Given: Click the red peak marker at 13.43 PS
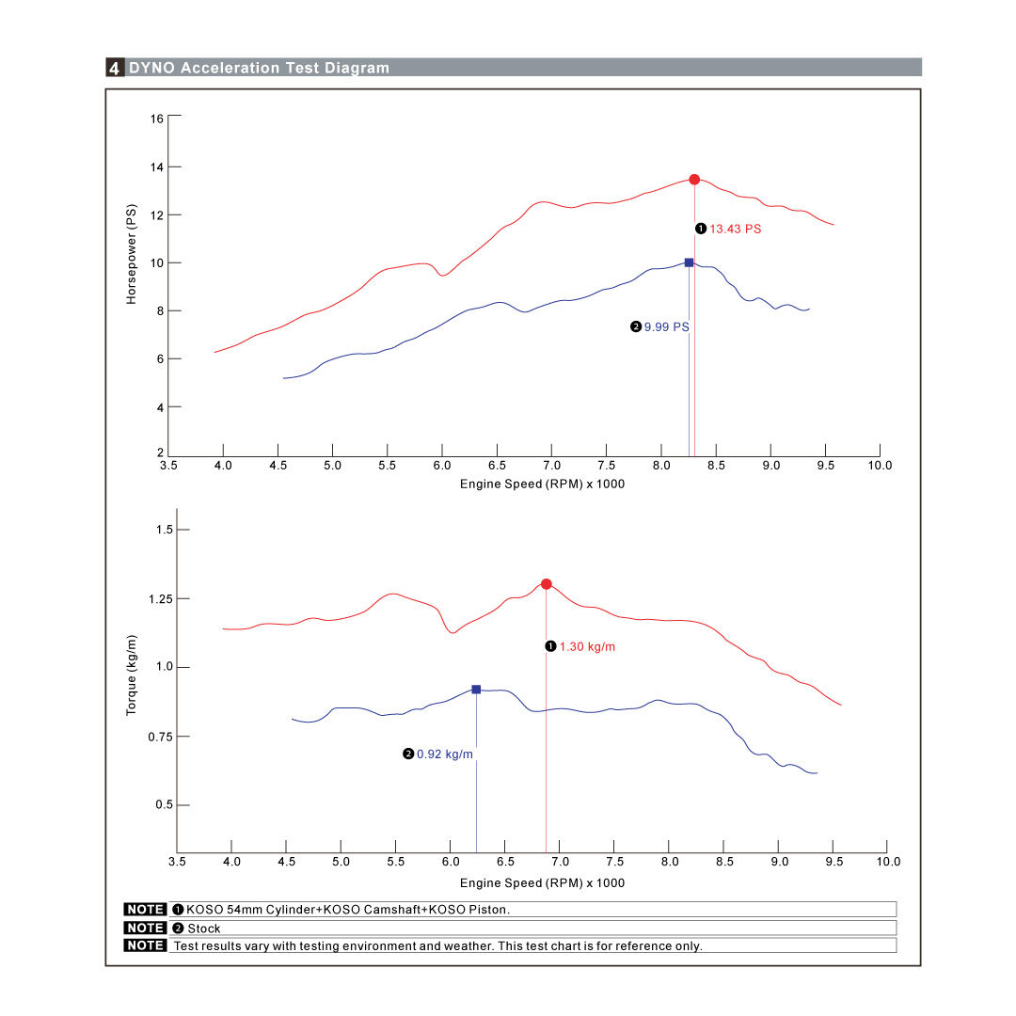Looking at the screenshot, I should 694,180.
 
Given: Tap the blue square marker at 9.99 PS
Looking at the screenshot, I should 689,262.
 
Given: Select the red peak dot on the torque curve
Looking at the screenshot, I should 547,584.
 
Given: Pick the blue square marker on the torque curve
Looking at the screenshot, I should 476,690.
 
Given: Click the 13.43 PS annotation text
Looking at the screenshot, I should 735,230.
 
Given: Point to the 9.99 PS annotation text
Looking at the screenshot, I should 666,327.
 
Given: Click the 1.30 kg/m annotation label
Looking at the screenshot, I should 587,647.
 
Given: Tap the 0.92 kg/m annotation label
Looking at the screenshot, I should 445,754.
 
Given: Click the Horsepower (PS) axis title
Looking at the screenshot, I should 132,255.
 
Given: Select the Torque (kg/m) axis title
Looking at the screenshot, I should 132,674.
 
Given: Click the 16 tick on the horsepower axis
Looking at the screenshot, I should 156,119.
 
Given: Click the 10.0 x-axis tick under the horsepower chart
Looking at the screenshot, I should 880,466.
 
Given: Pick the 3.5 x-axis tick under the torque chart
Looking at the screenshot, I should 177,862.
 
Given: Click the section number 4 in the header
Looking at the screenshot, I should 115,68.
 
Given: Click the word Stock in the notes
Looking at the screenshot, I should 204,929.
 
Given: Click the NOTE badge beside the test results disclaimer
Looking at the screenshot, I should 145,945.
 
